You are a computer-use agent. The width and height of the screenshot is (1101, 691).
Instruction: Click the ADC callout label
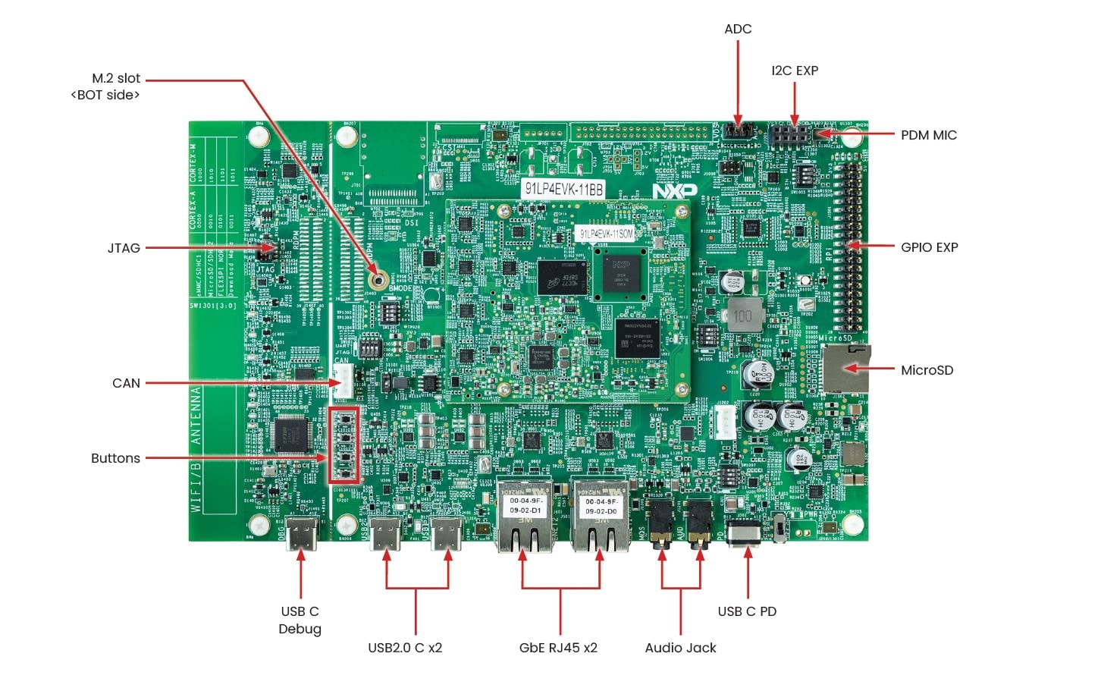point(738,29)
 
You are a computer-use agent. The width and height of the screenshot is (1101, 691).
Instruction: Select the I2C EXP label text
point(795,71)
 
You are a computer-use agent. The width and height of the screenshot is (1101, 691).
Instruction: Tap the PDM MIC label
point(928,135)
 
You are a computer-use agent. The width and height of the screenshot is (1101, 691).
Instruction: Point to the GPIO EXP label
point(929,247)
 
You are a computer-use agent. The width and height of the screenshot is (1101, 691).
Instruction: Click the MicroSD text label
point(927,370)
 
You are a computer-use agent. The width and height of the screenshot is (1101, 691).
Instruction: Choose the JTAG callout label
point(124,248)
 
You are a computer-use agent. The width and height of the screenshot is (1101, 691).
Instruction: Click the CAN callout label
point(126,383)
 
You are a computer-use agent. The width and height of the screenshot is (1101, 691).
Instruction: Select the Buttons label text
point(115,458)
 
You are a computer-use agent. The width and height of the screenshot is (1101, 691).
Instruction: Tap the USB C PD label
point(747,611)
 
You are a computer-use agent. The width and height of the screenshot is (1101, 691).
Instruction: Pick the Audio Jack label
point(680,648)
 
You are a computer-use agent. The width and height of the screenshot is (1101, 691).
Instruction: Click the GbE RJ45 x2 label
point(558,648)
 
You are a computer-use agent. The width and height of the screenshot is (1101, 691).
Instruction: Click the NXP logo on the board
point(674,191)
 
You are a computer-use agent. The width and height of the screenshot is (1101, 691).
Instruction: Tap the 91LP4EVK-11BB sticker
point(564,189)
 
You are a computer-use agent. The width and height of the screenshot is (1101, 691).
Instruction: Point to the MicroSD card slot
point(845,369)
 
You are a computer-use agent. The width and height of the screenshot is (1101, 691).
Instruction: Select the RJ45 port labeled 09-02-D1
point(525,516)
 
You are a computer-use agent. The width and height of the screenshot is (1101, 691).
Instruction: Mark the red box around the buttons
point(343,445)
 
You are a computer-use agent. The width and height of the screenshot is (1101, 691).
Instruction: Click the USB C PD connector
point(744,532)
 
